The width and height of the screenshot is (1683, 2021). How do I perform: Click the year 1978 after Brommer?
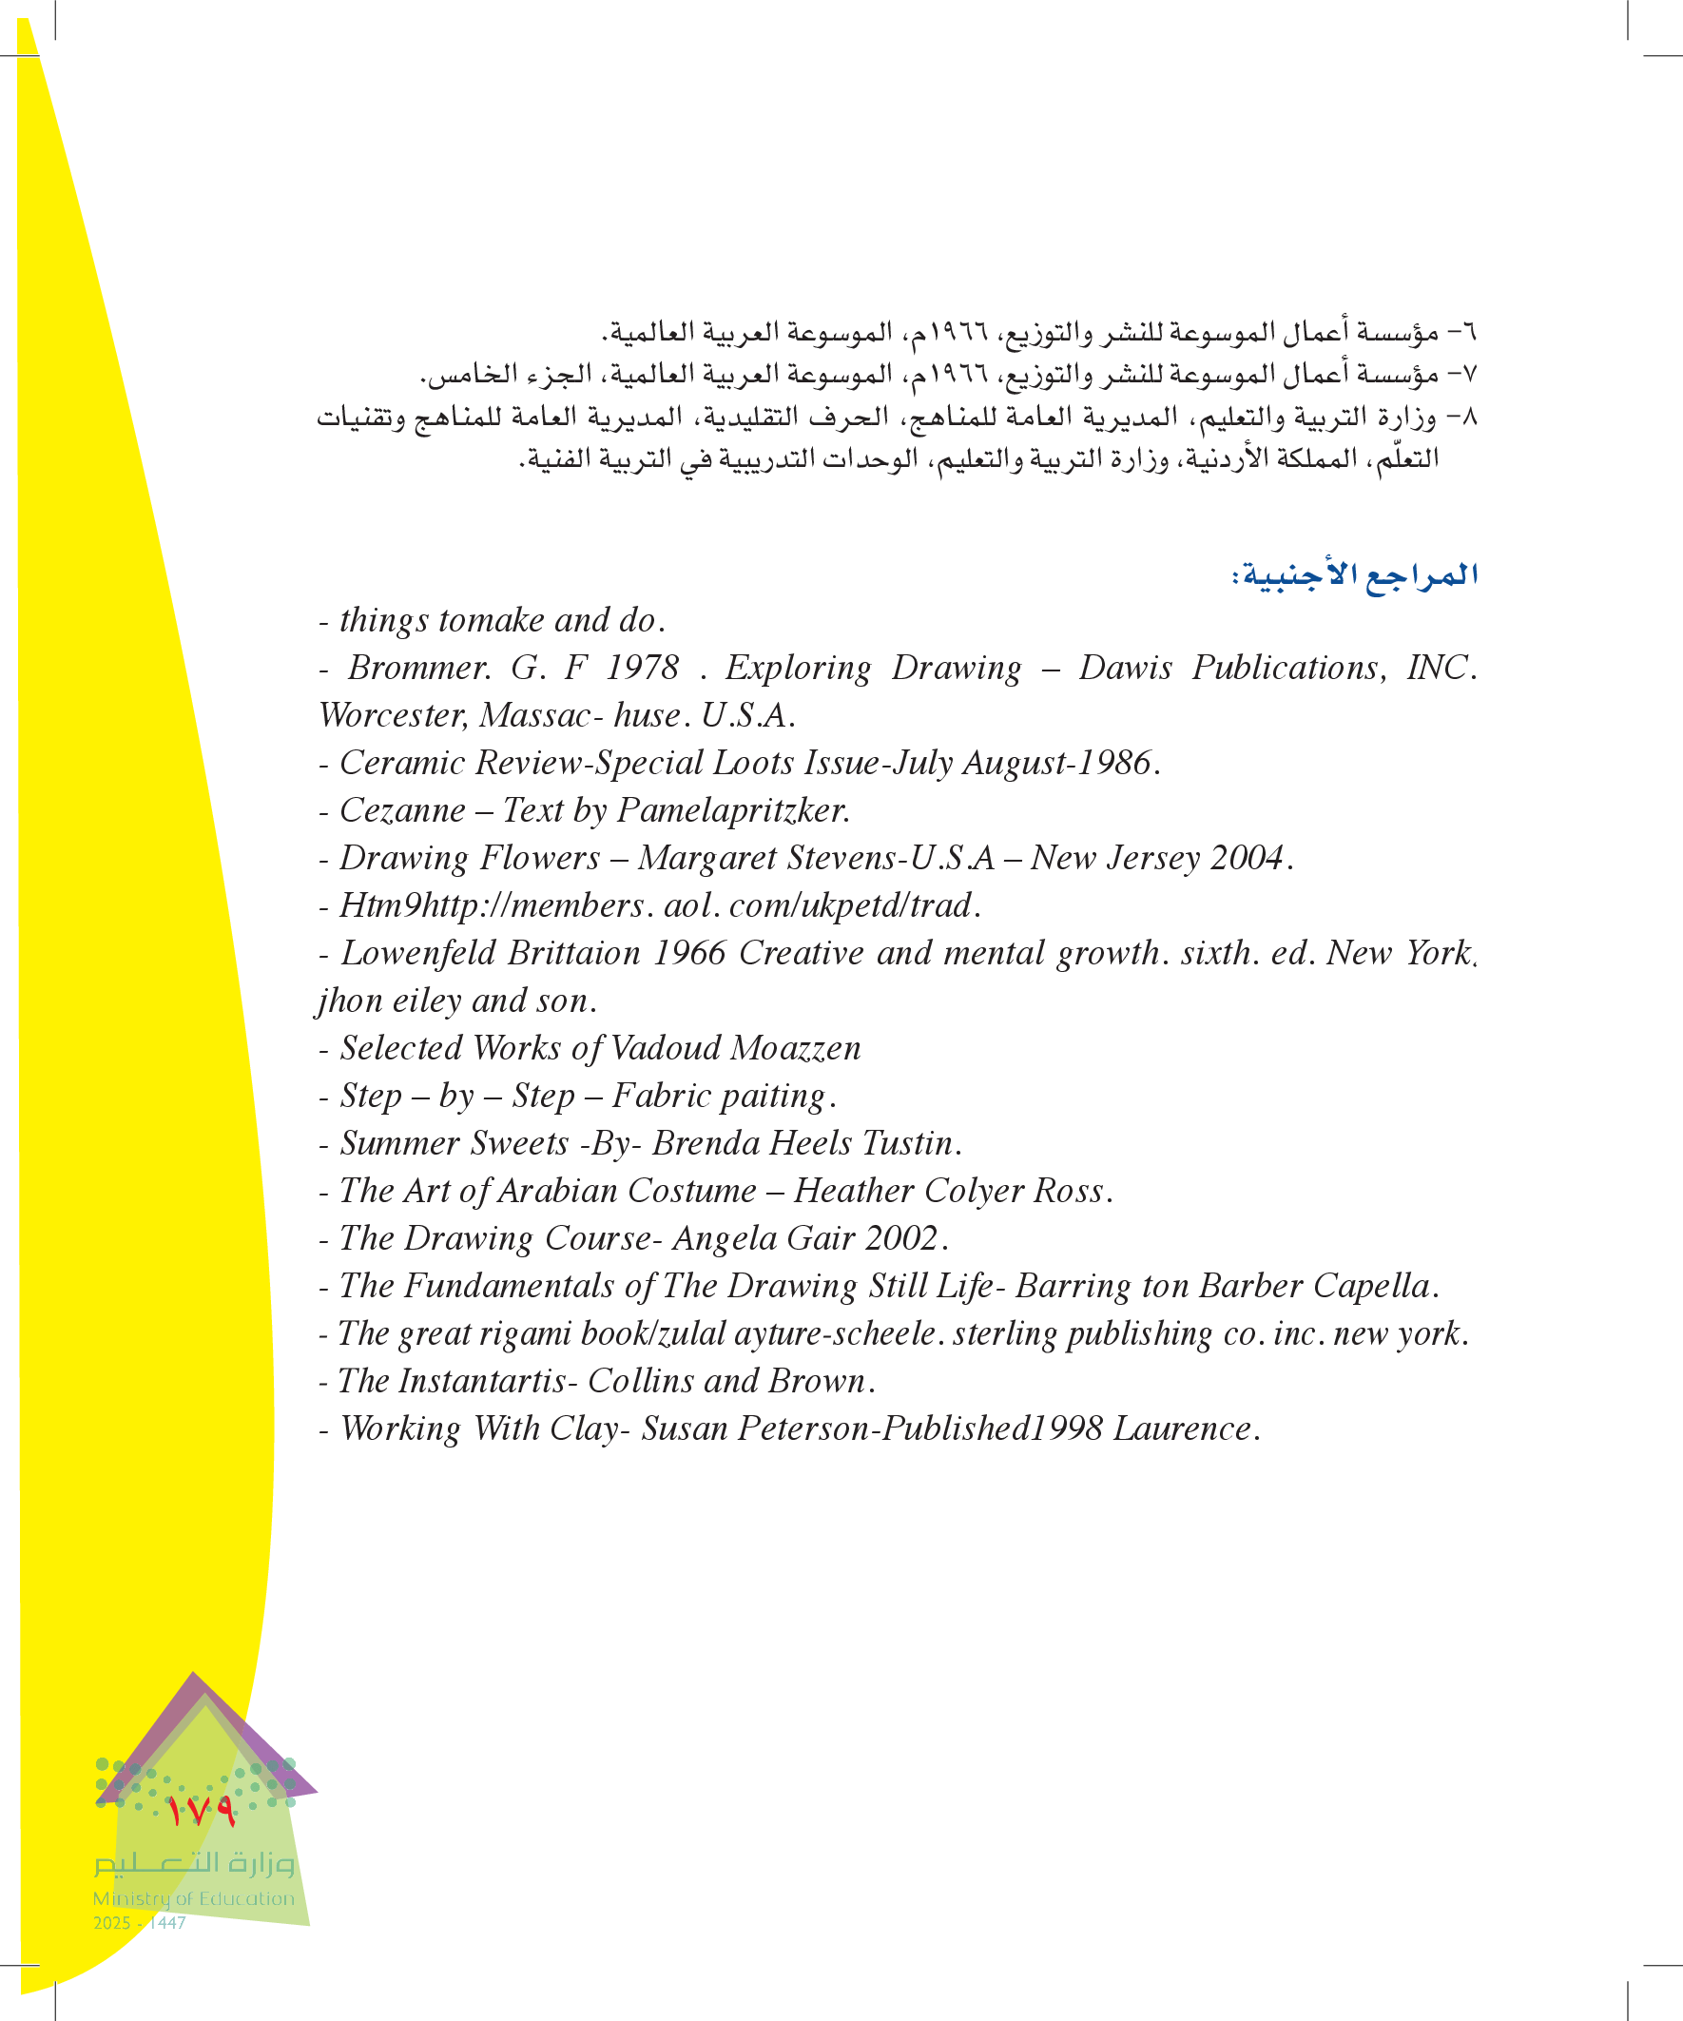pyautogui.click(x=642, y=667)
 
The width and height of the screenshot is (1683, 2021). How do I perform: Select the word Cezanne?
pyautogui.click(x=402, y=810)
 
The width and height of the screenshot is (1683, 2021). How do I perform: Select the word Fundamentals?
pyautogui.click(x=509, y=1286)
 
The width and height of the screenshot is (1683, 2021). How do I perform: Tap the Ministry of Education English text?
pyautogui.click(x=193, y=1897)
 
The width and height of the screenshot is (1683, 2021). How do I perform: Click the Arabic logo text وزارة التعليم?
pyautogui.click(x=193, y=1863)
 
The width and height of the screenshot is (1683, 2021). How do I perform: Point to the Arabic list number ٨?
pyautogui.click(x=1467, y=417)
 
